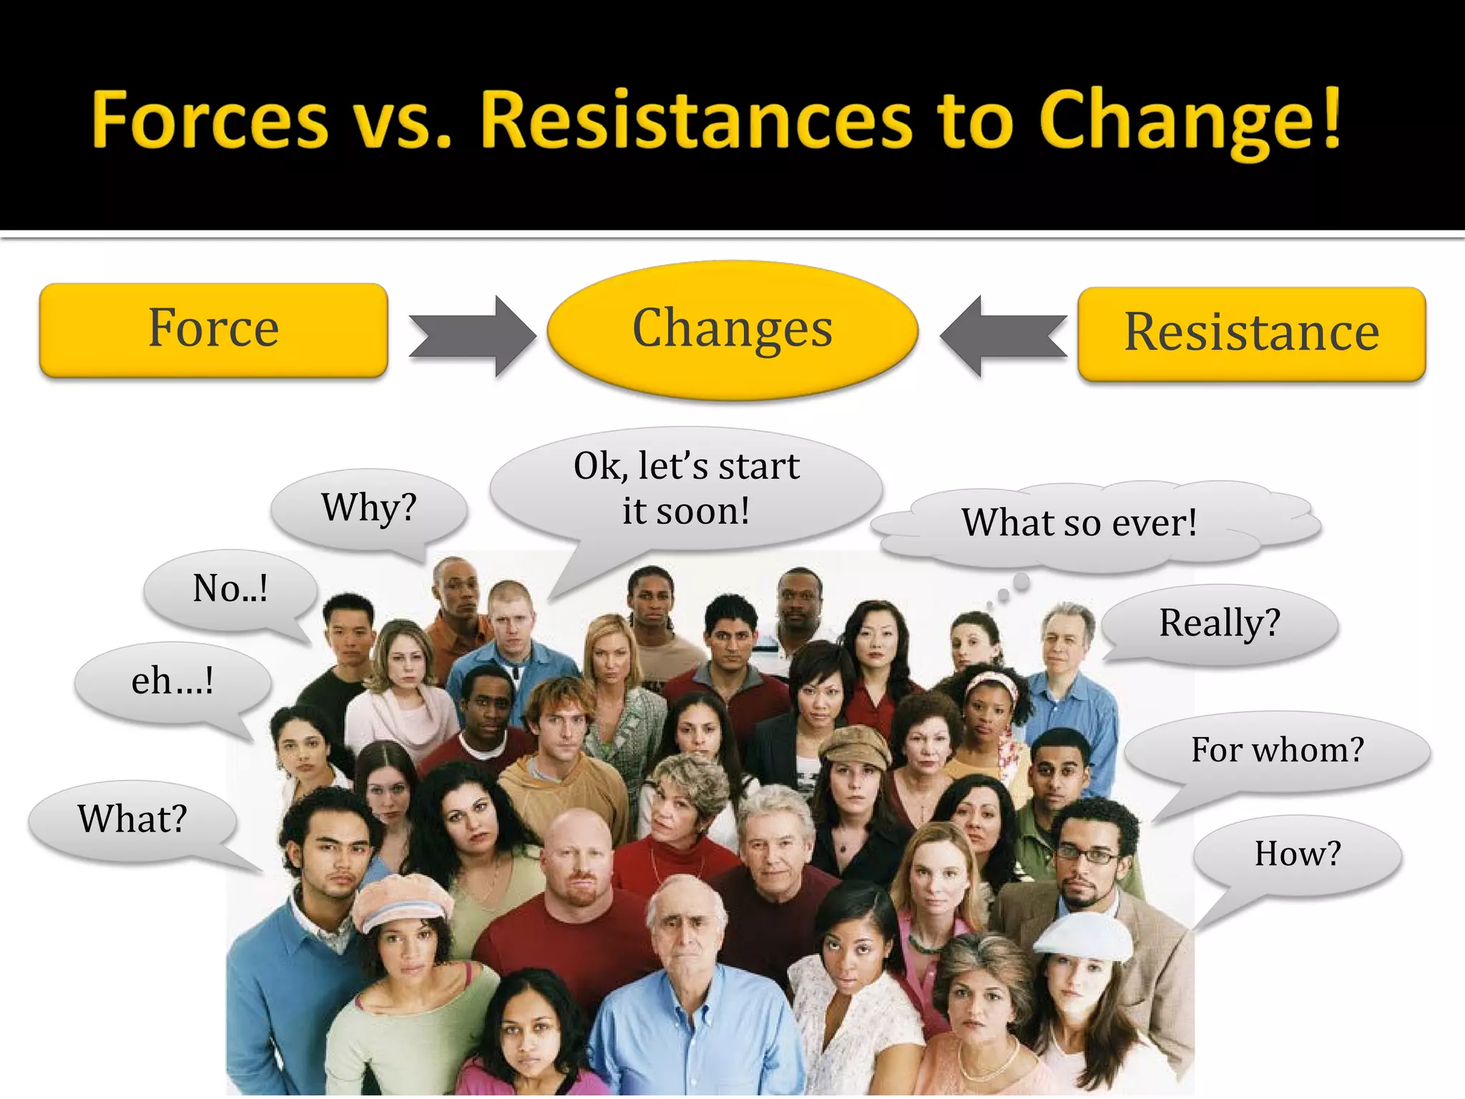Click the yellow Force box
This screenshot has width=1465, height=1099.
pos(213,329)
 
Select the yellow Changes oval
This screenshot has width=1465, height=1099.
pos(732,329)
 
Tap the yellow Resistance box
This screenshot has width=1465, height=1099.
pos(1251,333)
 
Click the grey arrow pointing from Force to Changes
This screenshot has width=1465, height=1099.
pos(473,336)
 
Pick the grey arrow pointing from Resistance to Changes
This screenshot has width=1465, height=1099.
pos(1003,336)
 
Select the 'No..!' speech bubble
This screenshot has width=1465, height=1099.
pos(230,590)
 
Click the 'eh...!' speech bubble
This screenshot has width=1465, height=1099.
pos(172,682)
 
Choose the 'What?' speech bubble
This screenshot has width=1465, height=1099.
pos(132,819)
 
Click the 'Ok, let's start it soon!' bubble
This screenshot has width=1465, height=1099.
pos(685,489)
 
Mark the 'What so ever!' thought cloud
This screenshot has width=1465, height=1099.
pos(1079,522)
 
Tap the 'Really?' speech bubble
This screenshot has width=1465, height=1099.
pos(1219,623)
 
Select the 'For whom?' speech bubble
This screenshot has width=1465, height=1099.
pos(1277,751)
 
